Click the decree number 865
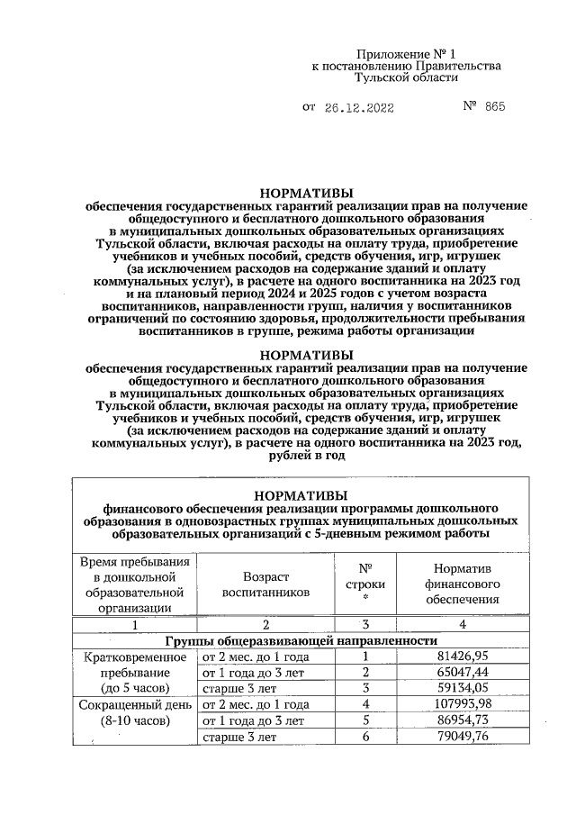coord(494,107)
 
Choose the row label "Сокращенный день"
coord(135,704)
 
